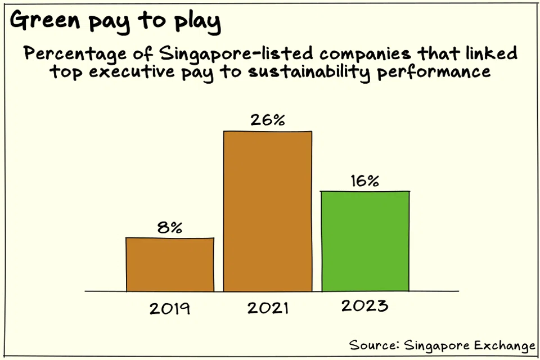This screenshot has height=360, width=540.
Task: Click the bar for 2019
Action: (170, 264)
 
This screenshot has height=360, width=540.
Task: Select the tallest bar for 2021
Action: (268, 211)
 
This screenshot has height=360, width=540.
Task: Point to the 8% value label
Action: (169, 227)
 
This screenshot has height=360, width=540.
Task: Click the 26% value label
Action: (267, 120)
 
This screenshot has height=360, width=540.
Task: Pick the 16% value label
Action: (365, 181)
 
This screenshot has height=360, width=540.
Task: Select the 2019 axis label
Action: (170, 309)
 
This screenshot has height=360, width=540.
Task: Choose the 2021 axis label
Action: (267, 308)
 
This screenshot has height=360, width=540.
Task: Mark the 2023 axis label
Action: (364, 306)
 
